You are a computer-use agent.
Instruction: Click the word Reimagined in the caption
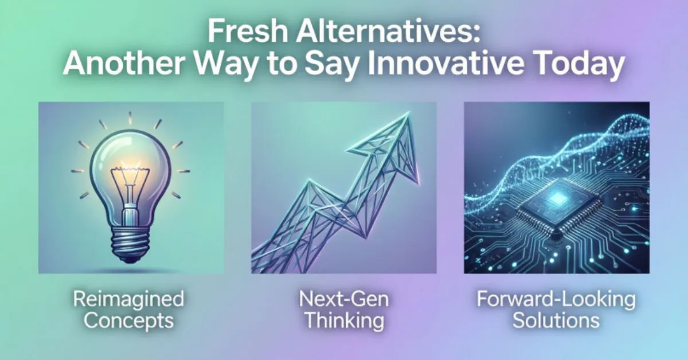point(128,299)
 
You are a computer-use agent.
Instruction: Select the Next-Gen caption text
point(343,299)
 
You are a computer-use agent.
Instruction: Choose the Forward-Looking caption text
point(556,299)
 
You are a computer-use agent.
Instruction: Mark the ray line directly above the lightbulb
point(130,118)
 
